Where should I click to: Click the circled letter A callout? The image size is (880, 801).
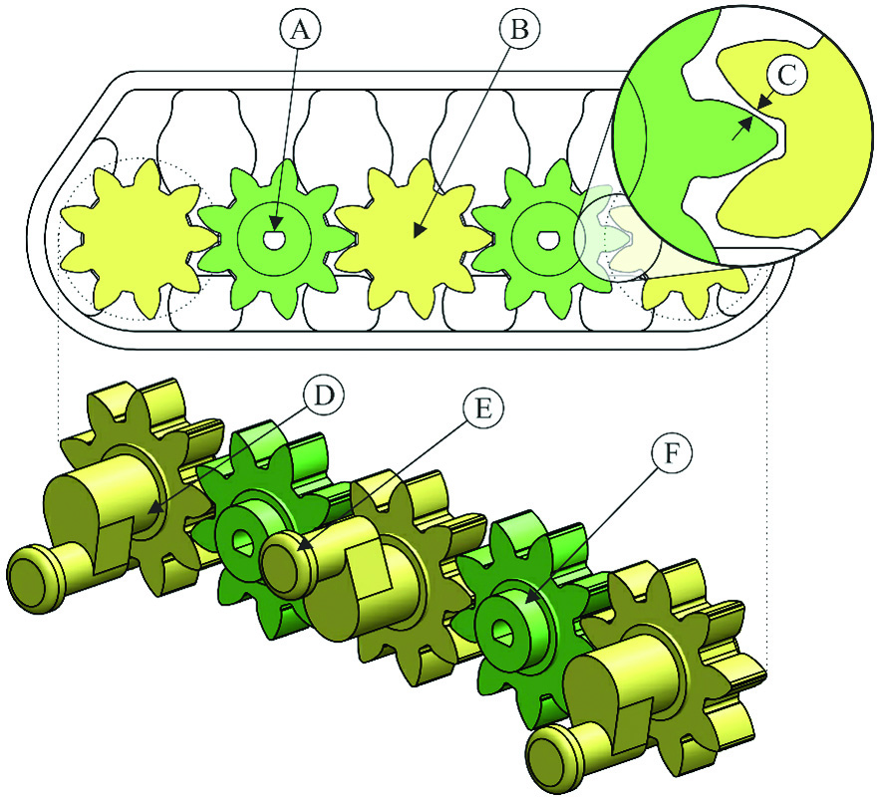[301, 29]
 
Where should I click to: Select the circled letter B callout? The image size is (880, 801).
[520, 29]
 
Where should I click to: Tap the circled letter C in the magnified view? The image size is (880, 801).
[788, 75]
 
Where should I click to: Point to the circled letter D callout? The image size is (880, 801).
[323, 396]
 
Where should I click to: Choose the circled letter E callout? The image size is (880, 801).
[483, 408]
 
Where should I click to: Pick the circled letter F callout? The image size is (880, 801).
[672, 453]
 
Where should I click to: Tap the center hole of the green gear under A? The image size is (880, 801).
[274, 239]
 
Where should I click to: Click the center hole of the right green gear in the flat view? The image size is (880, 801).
[547, 240]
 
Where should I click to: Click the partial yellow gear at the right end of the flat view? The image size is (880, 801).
[696, 292]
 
